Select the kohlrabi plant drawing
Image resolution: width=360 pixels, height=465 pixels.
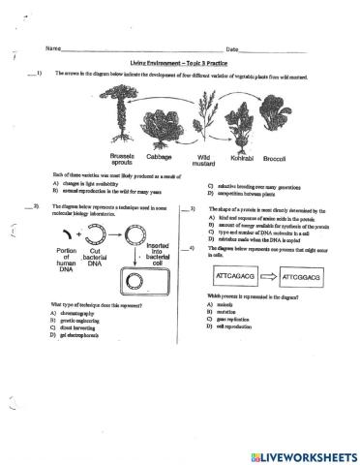pyautogui.click(x=240, y=126)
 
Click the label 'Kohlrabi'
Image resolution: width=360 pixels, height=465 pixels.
pyautogui.click(x=240, y=154)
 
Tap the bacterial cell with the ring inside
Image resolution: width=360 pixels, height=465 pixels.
pyautogui.click(x=135, y=284)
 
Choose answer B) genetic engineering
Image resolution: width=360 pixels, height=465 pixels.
pyautogui.click(x=83, y=321)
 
